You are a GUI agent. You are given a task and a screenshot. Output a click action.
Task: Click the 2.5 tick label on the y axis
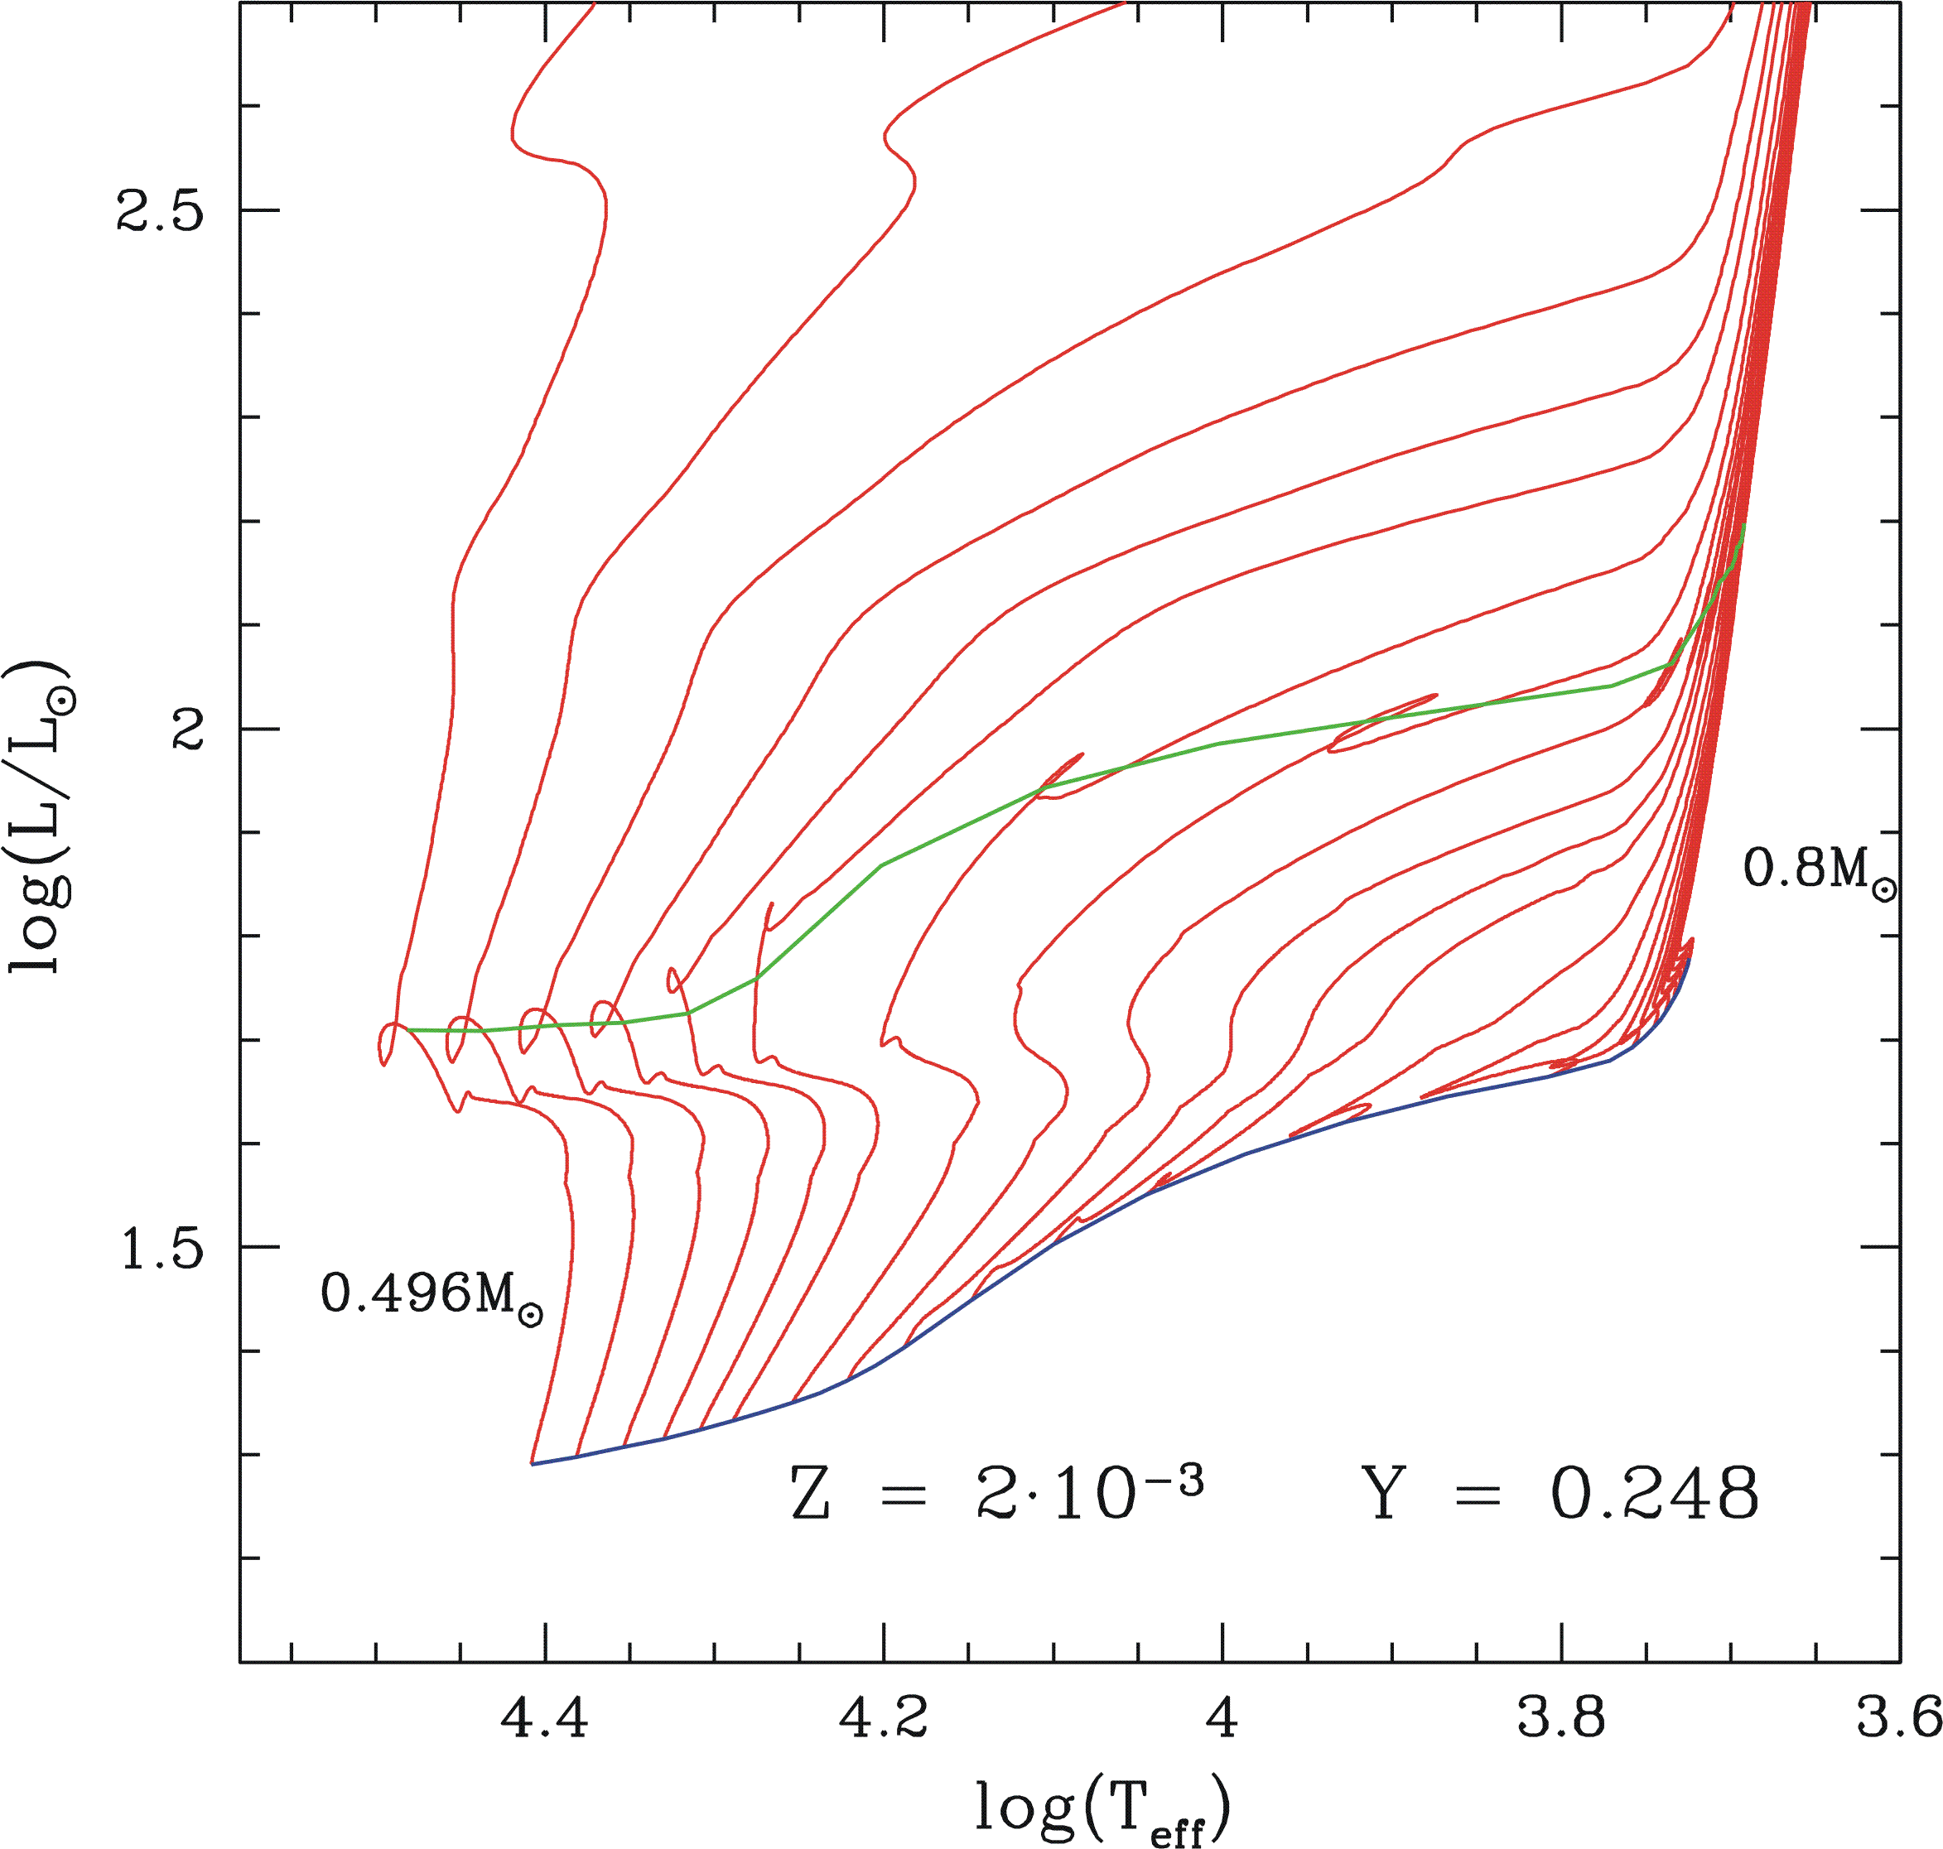pyautogui.click(x=160, y=211)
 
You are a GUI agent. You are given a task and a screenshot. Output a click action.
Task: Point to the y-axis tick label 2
pyautogui.click(x=187, y=729)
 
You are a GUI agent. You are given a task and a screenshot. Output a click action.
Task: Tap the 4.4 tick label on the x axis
pyautogui.click(x=545, y=1718)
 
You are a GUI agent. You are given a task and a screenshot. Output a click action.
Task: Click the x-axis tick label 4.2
pyautogui.click(x=883, y=1718)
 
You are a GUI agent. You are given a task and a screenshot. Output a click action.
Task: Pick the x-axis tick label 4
pyautogui.click(x=1222, y=1718)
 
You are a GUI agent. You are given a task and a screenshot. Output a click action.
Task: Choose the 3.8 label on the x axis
pyautogui.click(x=1560, y=1718)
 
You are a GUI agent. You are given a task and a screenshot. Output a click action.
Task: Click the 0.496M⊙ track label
pyautogui.click(x=432, y=1294)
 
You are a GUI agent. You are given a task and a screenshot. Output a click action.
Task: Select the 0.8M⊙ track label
pyautogui.click(x=1820, y=870)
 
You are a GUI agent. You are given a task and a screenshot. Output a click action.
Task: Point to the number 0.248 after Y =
pyautogui.click(x=1655, y=1494)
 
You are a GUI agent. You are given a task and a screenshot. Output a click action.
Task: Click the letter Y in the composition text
pyautogui.click(x=1383, y=1494)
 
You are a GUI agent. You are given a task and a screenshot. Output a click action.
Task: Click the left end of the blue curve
pyautogui.click(x=533, y=1464)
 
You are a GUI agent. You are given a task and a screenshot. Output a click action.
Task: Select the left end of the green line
pyautogui.click(x=407, y=1030)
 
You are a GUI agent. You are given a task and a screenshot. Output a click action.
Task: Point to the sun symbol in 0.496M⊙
pyautogui.click(x=530, y=1315)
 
